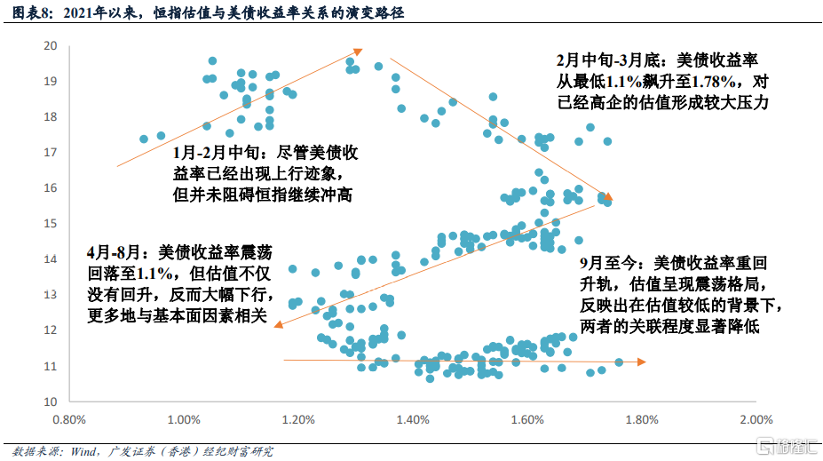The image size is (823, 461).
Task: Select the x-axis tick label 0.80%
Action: pos(69,419)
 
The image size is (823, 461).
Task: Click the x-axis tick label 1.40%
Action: pos(413,419)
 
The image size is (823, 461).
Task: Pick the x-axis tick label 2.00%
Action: pos(756,419)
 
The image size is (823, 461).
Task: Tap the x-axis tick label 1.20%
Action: pos(298,419)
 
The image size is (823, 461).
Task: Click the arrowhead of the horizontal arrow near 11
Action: pos(644,362)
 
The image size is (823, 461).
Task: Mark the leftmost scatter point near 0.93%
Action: pos(144,139)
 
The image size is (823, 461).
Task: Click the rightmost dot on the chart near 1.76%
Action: pos(619,362)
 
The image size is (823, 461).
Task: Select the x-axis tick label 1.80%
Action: pos(641,419)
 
